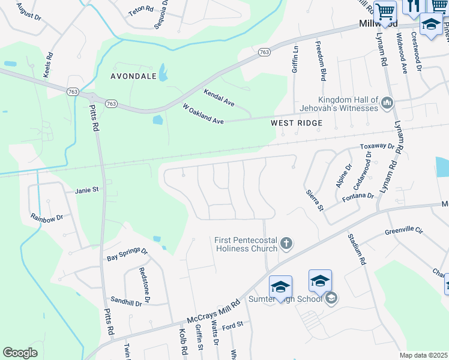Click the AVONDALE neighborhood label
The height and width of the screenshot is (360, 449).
click(x=133, y=76)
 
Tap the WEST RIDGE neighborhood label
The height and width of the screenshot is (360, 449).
click(x=297, y=123)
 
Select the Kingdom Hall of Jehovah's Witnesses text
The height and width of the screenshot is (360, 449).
click(x=348, y=104)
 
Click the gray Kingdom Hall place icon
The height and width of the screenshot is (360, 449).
click(x=387, y=104)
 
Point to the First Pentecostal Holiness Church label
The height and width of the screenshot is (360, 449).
click(x=246, y=244)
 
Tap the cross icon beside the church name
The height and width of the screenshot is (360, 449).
click(x=286, y=244)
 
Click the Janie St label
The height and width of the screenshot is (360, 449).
click(x=86, y=190)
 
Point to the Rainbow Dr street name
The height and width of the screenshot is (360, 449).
click(x=47, y=218)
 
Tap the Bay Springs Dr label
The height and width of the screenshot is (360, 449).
click(x=127, y=254)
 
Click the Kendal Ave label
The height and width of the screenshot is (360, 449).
click(x=218, y=98)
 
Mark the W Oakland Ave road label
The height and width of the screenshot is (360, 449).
click(x=203, y=114)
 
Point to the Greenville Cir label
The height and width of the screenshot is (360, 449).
click(x=404, y=230)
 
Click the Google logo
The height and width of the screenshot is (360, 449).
click(x=20, y=353)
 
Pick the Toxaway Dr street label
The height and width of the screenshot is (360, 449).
click(x=376, y=146)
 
